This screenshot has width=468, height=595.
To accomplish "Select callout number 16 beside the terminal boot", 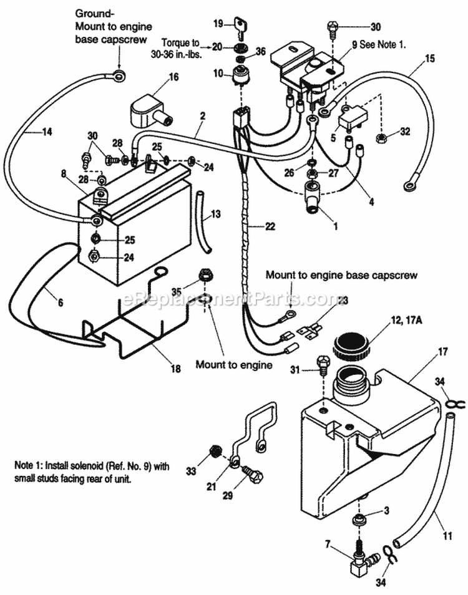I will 173,77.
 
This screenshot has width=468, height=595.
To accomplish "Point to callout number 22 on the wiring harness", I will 270,226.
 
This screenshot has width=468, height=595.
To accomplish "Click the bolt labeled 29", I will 253,478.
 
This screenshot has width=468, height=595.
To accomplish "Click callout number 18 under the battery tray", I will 175,369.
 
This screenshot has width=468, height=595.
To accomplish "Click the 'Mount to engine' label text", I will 234,364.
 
